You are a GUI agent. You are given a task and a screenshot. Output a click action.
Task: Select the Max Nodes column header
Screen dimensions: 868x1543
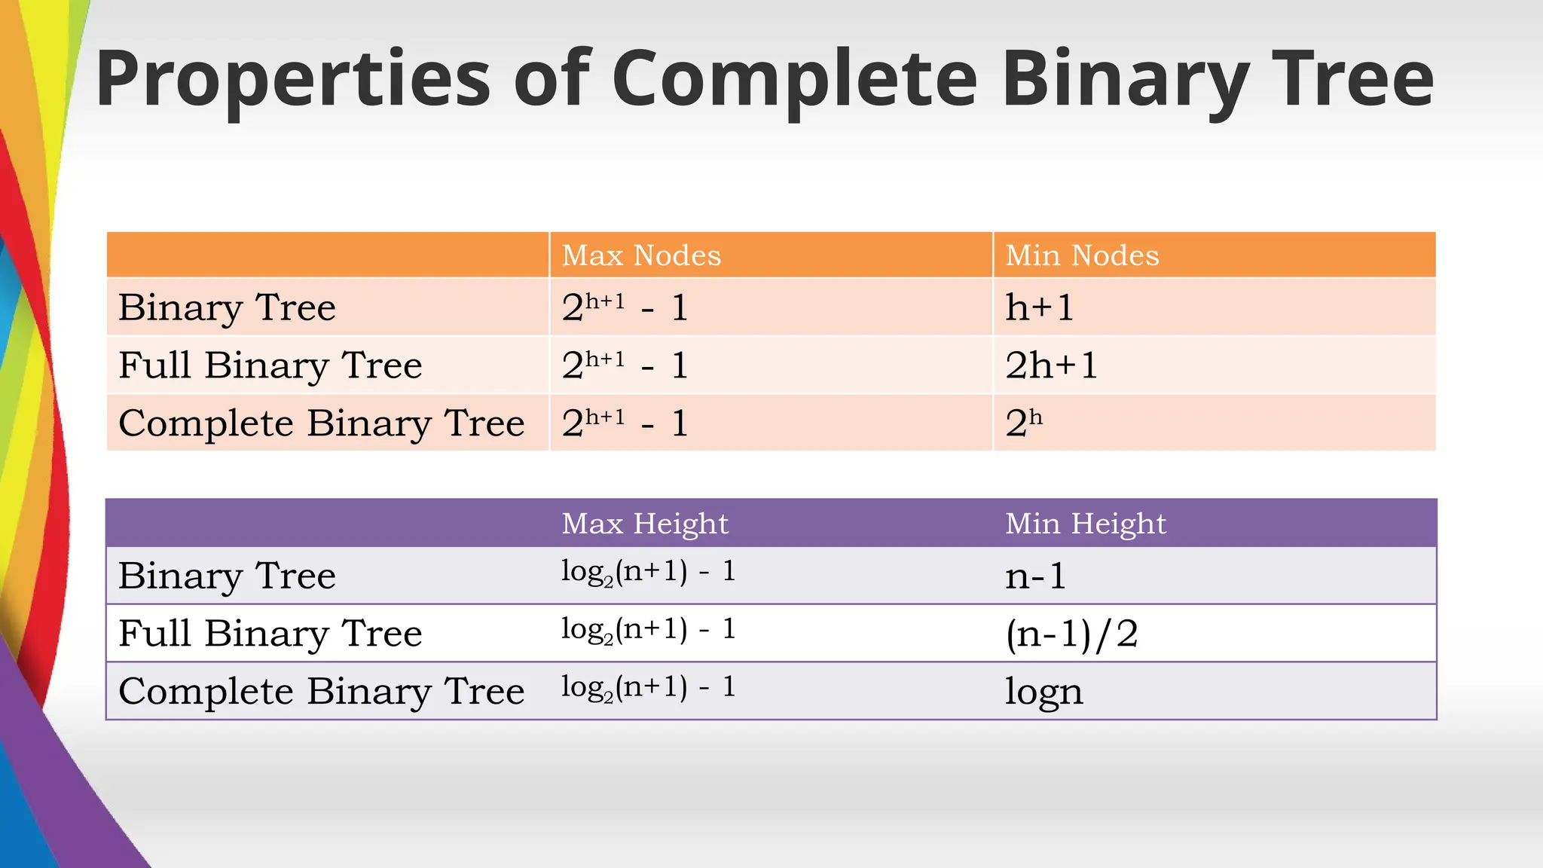point(641,255)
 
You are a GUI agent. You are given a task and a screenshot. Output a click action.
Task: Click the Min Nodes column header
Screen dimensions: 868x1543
point(1082,255)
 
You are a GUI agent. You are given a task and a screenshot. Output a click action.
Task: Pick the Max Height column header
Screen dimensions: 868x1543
point(645,523)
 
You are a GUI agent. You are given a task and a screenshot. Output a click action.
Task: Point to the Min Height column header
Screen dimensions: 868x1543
point(1086,523)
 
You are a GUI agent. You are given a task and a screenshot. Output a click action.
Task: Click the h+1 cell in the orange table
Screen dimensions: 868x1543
point(1040,307)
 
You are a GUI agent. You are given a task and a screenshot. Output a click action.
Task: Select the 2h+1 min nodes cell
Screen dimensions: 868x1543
point(1052,365)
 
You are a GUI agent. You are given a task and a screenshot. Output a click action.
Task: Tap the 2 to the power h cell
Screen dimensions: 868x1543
point(1024,423)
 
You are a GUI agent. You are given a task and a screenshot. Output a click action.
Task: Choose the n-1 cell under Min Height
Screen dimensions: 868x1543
point(1036,576)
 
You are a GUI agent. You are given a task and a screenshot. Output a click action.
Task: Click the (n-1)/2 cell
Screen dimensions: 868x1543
point(1071,634)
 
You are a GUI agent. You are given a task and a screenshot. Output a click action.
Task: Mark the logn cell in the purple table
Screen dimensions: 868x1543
point(1044,692)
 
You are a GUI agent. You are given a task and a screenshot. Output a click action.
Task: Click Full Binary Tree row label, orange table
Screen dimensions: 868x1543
point(270,365)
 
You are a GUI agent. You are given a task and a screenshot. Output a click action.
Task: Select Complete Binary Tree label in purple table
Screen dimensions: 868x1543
point(322,692)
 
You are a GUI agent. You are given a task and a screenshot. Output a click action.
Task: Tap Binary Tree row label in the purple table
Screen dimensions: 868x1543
point(227,576)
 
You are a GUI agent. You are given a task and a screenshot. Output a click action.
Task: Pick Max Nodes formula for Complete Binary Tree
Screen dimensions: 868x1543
point(625,423)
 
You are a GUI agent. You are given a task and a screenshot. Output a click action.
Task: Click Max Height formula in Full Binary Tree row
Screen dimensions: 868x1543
point(648,630)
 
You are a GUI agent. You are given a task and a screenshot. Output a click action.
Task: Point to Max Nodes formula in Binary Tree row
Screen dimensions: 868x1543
point(625,307)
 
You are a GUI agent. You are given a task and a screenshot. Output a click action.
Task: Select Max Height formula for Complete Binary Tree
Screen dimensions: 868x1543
point(648,688)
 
